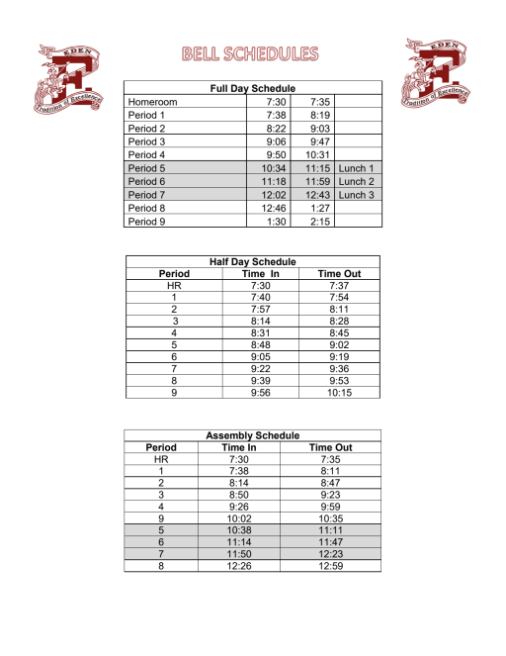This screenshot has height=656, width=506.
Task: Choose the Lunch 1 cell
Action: tap(357, 168)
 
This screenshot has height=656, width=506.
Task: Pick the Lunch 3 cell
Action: tap(357, 195)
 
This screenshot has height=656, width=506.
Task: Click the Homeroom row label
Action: tap(152, 101)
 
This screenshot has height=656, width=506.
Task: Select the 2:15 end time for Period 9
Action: tap(318, 222)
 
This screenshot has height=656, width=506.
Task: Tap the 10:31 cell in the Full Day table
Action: tap(317, 154)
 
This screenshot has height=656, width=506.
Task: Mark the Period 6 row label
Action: tap(147, 182)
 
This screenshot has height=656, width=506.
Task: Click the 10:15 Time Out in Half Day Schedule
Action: tap(338, 393)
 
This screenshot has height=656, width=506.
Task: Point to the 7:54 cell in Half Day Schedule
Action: tap(338, 297)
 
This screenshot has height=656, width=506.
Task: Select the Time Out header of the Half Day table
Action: tap(338, 273)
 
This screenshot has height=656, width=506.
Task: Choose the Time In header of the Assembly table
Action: tap(238, 447)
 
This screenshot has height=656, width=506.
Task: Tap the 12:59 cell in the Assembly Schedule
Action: tap(330, 566)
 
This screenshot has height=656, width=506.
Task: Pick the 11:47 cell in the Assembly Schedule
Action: tap(330, 542)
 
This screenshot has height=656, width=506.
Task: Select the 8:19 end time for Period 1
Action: tap(318, 115)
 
